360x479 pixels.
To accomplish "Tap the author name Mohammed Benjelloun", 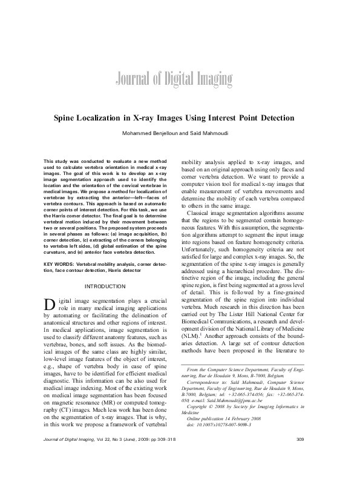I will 150,134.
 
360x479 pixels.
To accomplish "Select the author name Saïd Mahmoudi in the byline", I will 203,134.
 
